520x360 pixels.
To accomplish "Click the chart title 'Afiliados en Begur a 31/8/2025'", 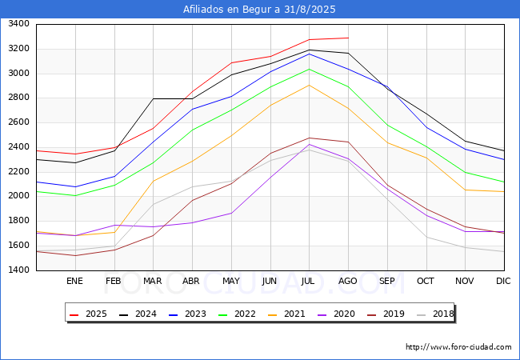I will (x=259, y=10).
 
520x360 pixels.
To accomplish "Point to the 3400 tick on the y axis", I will (x=17, y=24).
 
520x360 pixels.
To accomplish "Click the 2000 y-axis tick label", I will (x=17, y=197).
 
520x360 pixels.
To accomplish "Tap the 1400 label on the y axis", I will (x=17, y=270).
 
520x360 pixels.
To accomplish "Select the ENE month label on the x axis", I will (x=74, y=281).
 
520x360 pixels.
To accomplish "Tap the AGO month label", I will (x=348, y=281).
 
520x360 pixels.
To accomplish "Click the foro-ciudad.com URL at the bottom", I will (x=458, y=347).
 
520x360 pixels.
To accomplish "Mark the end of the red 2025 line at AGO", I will (x=348, y=38).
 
